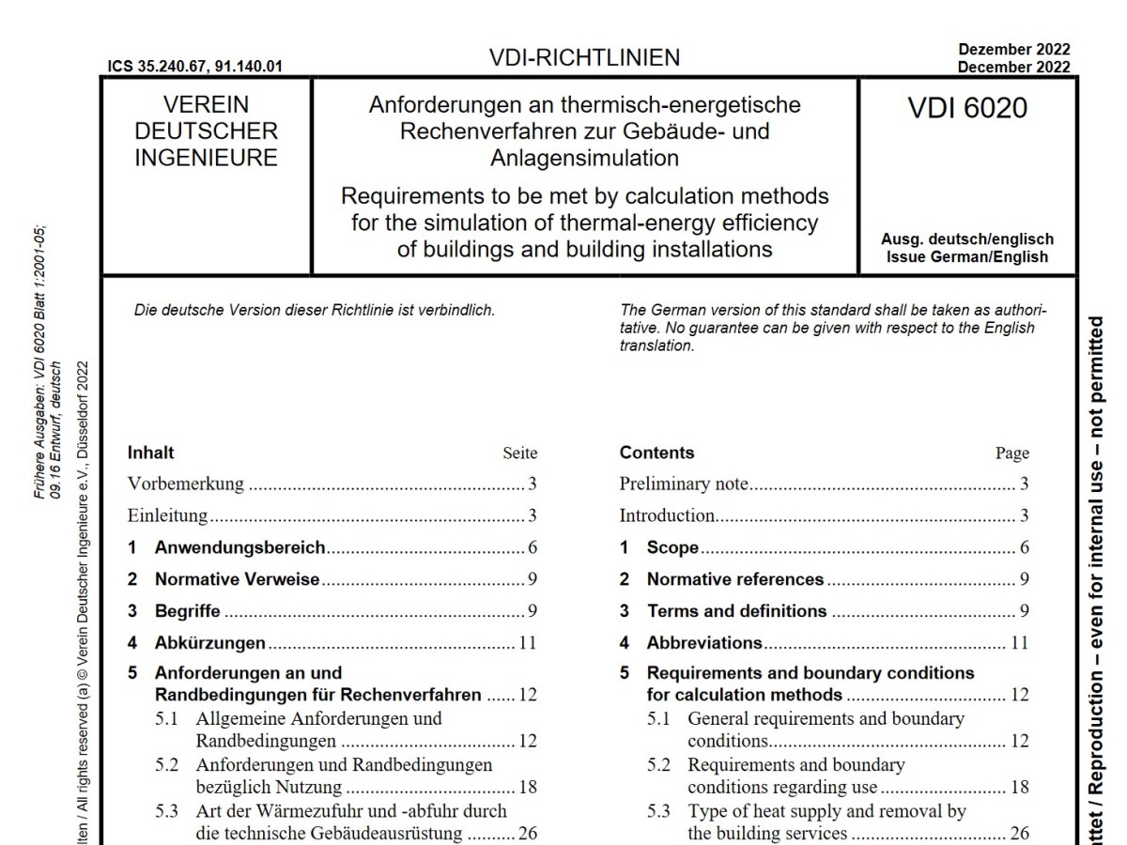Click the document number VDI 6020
pyautogui.click(x=967, y=109)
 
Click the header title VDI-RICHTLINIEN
pyautogui.click(x=583, y=58)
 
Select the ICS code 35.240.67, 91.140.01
pyautogui.click(x=196, y=67)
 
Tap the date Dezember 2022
pyautogui.click(x=1013, y=50)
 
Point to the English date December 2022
pyautogui.click(x=1013, y=67)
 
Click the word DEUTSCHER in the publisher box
pyautogui.click(x=207, y=131)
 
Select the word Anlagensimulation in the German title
pyautogui.click(x=583, y=157)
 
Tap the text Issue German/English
pyautogui.click(x=966, y=256)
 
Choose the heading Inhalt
pyautogui.click(x=151, y=453)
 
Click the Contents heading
pyautogui.click(x=656, y=453)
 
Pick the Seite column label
pyautogui.click(x=520, y=453)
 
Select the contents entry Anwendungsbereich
pyautogui.click(x=239, y=547)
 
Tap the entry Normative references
pyautogui.click(x=734, y=579)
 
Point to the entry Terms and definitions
pyautogui.click(x=736, y=611)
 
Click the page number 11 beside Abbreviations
pyautogui.click(x=1019, y=643)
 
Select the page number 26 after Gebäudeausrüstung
pyautogui.click(x=527, y=833)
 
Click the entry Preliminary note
pyautogui.click(x=684, y=484)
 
